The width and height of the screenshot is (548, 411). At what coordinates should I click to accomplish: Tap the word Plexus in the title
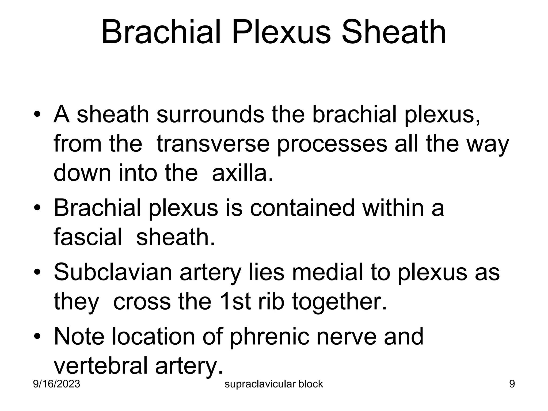[x=282, y=33]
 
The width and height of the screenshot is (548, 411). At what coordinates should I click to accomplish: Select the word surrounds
[x=210, y=115]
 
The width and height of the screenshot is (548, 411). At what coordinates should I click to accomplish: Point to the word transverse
[x=213, y=144]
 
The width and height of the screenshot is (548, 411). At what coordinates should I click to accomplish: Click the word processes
[x=332, y=144]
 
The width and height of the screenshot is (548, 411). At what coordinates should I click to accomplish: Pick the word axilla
[x=243, y=173]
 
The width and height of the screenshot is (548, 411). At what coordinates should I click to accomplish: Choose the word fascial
[x=88, y=237]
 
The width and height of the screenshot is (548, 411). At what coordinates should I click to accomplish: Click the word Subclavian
[x=113, y=272]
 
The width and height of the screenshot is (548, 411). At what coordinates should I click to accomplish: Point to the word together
[x=339, y=301]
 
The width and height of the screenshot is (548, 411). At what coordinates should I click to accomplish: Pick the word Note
[x=79, y=336]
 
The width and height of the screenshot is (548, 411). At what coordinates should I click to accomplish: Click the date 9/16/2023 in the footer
[x=56, y=384]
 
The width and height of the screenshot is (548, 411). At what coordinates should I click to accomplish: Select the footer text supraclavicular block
[x=274, y=384]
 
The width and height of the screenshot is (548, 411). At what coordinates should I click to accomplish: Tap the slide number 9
[x=512, y=384]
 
